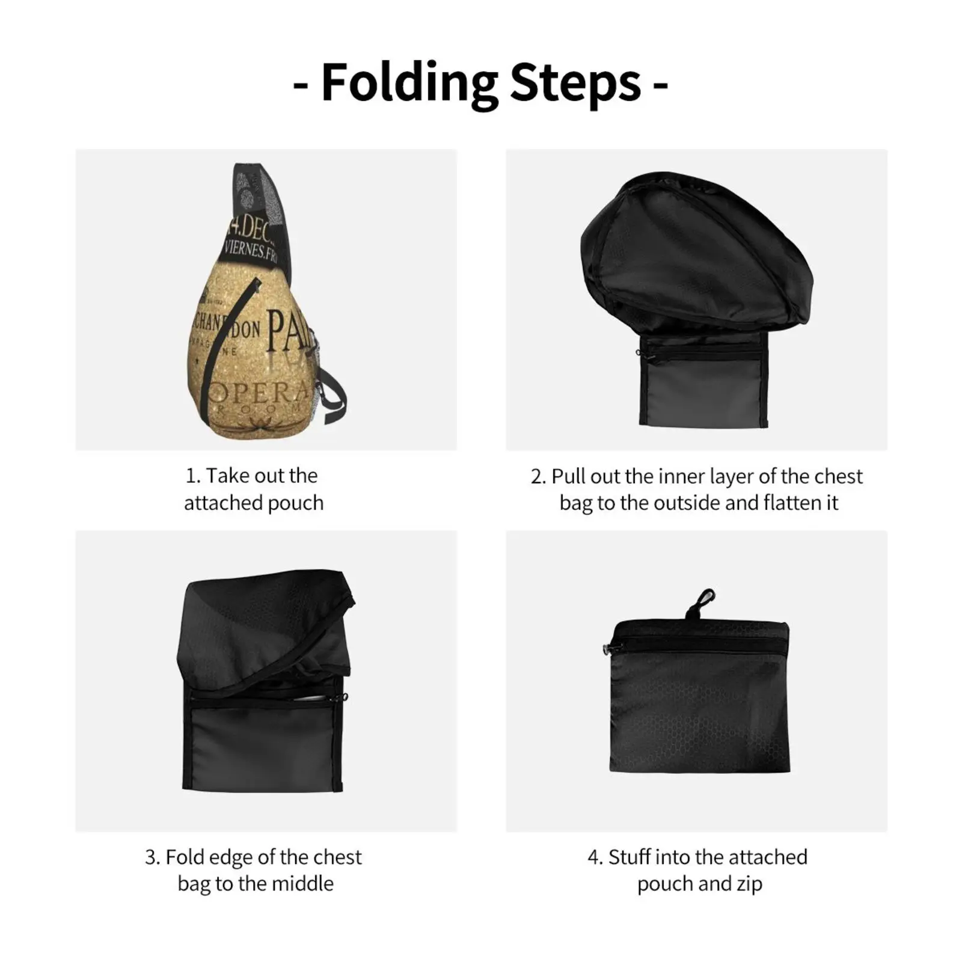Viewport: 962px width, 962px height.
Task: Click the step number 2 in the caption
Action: pyautogui.click(x=538, y=477)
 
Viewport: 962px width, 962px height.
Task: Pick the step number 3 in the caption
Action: pyautogui.click(x=151, y=857)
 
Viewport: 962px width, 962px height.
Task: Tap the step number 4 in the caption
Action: pyautogui.click(x=594, y=857)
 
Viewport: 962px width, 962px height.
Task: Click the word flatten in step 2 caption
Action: pyautogui.click(x=759, y=503)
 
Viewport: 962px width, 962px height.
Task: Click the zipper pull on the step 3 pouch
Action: pyautogui.click(x=345, y=697)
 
